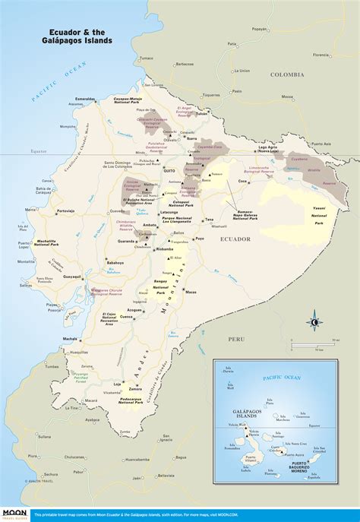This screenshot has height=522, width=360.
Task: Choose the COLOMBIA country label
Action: click(288, 74)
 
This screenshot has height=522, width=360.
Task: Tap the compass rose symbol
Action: click(313, 322)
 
